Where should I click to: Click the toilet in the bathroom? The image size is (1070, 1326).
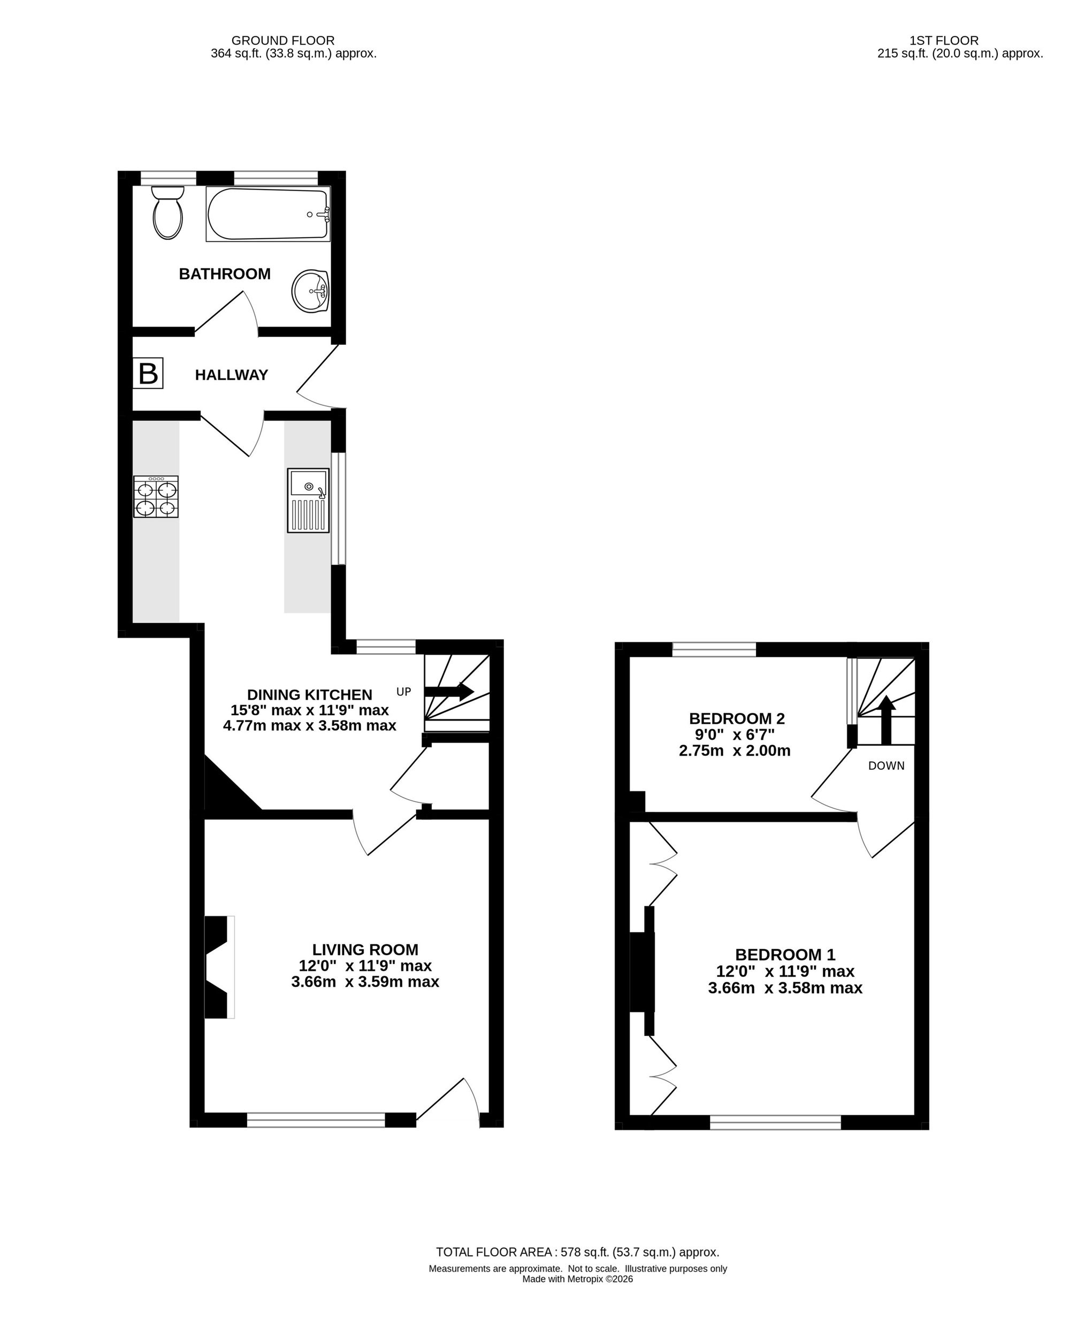[x=167, y=211]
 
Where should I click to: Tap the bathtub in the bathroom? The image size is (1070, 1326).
[x=268, y=214]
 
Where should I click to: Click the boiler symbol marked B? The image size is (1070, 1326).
[x=148, y=373]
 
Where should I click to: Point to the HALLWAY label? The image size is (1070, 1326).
[x=232, y=375]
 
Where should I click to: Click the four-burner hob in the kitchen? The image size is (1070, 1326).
[x=156, y=496]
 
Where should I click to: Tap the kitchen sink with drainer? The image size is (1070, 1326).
[x=308, y=500]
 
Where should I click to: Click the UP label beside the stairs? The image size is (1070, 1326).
[x=404, y=692]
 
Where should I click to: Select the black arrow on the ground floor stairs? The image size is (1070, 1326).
[x=449, y=691]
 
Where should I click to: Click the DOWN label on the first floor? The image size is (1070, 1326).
[x=886, y=766]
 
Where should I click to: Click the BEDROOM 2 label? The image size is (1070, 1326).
[x=737, y=718]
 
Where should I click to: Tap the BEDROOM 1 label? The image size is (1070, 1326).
[x=785, y=954]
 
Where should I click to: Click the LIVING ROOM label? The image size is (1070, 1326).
[x=365, y=950]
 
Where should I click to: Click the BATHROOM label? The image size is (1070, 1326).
[x=225, y=274]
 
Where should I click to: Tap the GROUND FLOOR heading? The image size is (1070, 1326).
[x=283, y=41]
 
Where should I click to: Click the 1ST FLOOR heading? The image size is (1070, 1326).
[x=944, y=41]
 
